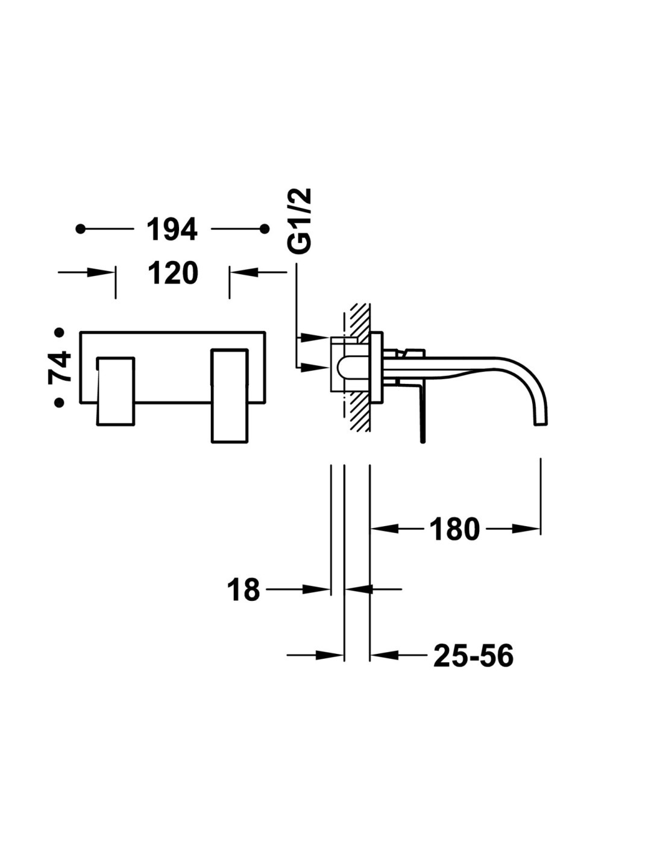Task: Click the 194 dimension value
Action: click(x=172, y=230)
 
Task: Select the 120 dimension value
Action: click(x=173, y=274)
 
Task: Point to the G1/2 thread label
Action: click(x=300, y=221)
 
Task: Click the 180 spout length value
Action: click(x=454, y=530)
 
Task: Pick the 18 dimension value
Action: click(x=244, y=590)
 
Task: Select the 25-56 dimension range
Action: click(x=473, y=656)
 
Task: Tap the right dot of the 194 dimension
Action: click(x=264, y=229)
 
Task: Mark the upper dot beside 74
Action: click(x=59, y=332)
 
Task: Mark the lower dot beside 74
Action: click(x=59, y=402)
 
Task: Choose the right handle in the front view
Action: click(x=229, y=395)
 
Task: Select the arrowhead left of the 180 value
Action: click(x=385, y=529)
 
